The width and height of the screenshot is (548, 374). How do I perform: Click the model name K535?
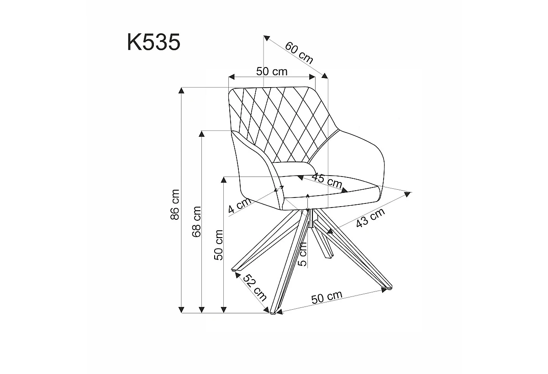click(x=153, y=42)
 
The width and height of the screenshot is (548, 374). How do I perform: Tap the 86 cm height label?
click(x=175, y=204)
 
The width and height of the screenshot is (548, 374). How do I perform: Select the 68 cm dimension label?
click(x=196, y=222)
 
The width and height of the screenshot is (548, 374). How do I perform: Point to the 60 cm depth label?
click(x=299, y=53)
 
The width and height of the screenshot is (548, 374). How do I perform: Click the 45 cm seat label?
click(x=327, y=181)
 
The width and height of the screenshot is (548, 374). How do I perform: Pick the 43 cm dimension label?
click(x=370, y=218)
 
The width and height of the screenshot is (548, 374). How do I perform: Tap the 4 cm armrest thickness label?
click(x=240, y=205)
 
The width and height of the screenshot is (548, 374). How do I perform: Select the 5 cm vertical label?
click(x=303, y=255)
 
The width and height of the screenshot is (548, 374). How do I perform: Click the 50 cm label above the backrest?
click(x=272, y=71)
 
